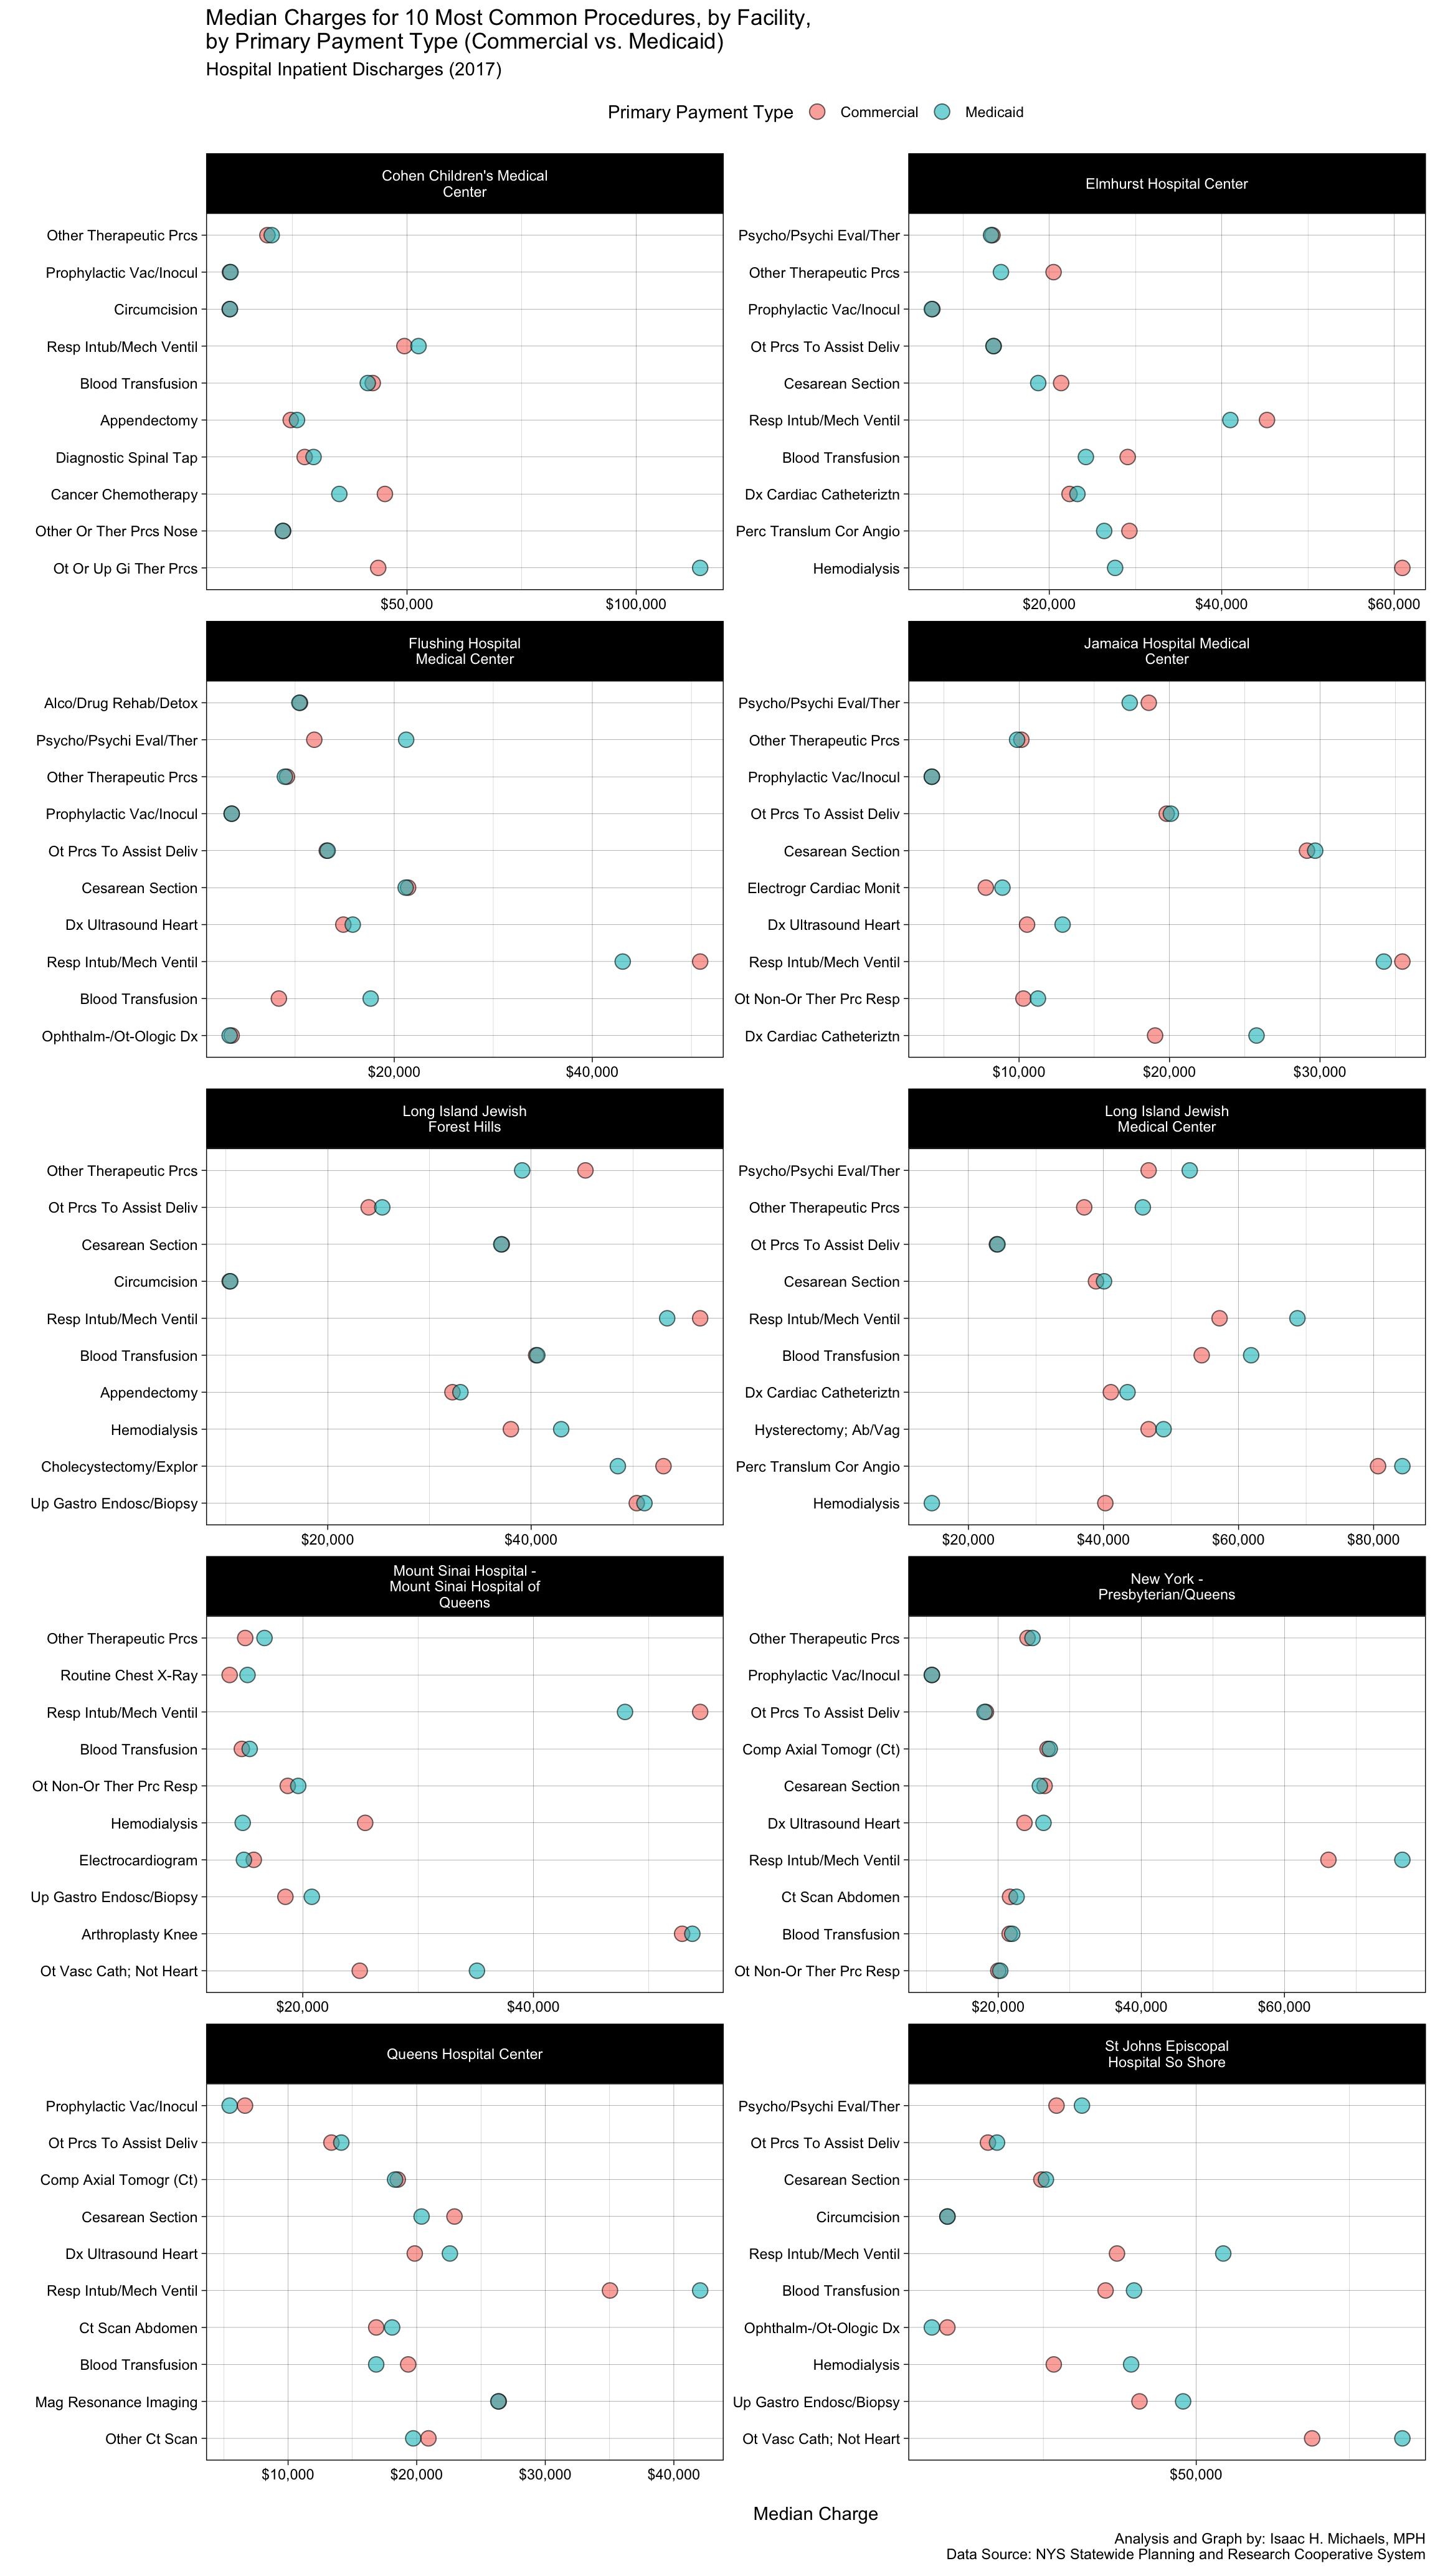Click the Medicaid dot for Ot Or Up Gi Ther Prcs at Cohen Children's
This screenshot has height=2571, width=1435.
(699, 568)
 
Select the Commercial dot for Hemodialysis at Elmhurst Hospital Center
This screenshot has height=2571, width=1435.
(1401, 568)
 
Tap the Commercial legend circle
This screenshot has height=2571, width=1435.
(817, 111)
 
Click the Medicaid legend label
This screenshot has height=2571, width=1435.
(994, 111)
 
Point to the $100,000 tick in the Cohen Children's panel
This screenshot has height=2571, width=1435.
(636, 605)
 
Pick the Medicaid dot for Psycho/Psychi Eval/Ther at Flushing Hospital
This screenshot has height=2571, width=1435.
(405, 739)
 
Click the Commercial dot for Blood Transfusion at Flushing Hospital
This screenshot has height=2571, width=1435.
(278, 998)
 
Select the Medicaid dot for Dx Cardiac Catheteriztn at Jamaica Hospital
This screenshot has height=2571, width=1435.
(1256, 1035)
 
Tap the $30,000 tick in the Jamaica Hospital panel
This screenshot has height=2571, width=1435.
(1319, 1072)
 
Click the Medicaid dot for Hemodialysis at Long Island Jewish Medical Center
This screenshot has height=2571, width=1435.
(931, 1503)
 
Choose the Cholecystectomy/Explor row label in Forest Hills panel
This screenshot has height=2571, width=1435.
(120, 1466)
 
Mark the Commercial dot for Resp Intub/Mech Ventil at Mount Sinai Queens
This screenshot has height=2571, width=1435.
(699, 1712)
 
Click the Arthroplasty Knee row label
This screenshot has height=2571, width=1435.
(140, 1934)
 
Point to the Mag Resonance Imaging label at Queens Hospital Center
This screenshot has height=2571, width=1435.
(116, 2402)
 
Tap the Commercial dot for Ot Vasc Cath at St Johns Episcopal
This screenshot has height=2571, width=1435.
(1311, 2438)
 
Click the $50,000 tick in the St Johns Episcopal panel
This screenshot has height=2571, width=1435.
(1195, 2474)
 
